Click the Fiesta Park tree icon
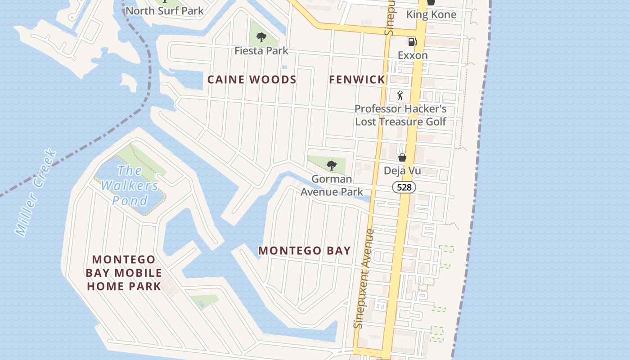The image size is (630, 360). (x=261, y=37)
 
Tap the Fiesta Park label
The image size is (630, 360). (x=261, y=50)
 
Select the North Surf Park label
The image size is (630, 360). (x=164, y=11)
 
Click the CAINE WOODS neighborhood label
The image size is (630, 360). (x=252, y=80)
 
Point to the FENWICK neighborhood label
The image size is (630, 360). (x=357, y=80)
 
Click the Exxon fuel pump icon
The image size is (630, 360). (x=412, y=42)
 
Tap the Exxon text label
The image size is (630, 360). (x=413, y=55)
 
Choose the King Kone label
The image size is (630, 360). (x=431, y=14)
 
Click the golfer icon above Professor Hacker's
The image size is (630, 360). (x=400, y=95)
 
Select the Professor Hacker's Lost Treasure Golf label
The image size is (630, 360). (x=400, y=115)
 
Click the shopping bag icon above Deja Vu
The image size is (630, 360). (x=402, y=157)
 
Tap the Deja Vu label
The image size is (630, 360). (x=402, y=171)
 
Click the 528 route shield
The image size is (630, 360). (x=404, y=187)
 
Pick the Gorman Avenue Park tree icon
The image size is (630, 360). (x=332, y=166)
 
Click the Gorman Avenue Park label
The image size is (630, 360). (x=332, y=185)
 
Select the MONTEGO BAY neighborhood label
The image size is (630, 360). (x=304, y=251)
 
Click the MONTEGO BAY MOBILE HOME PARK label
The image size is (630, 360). (x=124, y=273)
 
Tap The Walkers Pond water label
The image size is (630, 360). (x=130, y=185)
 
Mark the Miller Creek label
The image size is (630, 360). (x=36, y=193)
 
